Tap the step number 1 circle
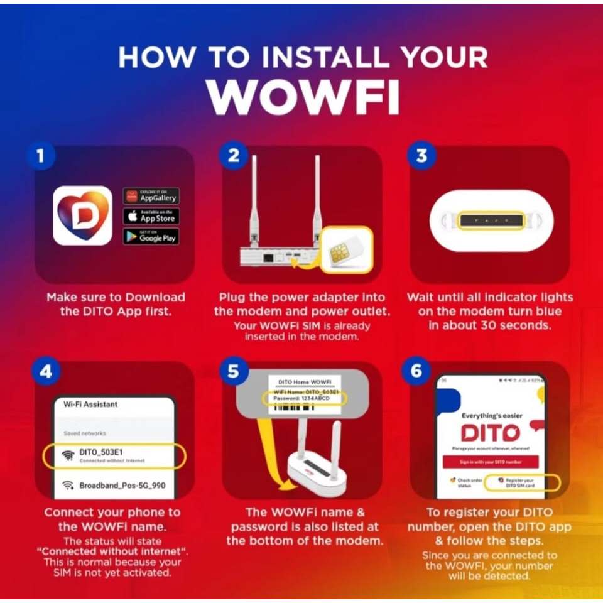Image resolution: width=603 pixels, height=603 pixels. pyautogui.click(x=41, y=156)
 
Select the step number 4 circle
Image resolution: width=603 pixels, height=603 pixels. pyautogui.click(x=45, y=371)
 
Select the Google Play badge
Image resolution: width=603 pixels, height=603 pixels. pyautogui.click(x=151, y=237)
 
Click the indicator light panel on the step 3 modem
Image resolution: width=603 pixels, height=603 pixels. pyautogui.click(x=490, y=220)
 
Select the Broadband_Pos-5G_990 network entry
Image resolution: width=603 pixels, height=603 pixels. pyautogui.click(x=113, y=486)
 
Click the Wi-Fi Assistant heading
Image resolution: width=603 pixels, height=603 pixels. pyautogui.click(x=90, y=404)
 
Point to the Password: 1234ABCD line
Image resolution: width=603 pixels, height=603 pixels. pyautogui.click(x=304, y=399)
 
